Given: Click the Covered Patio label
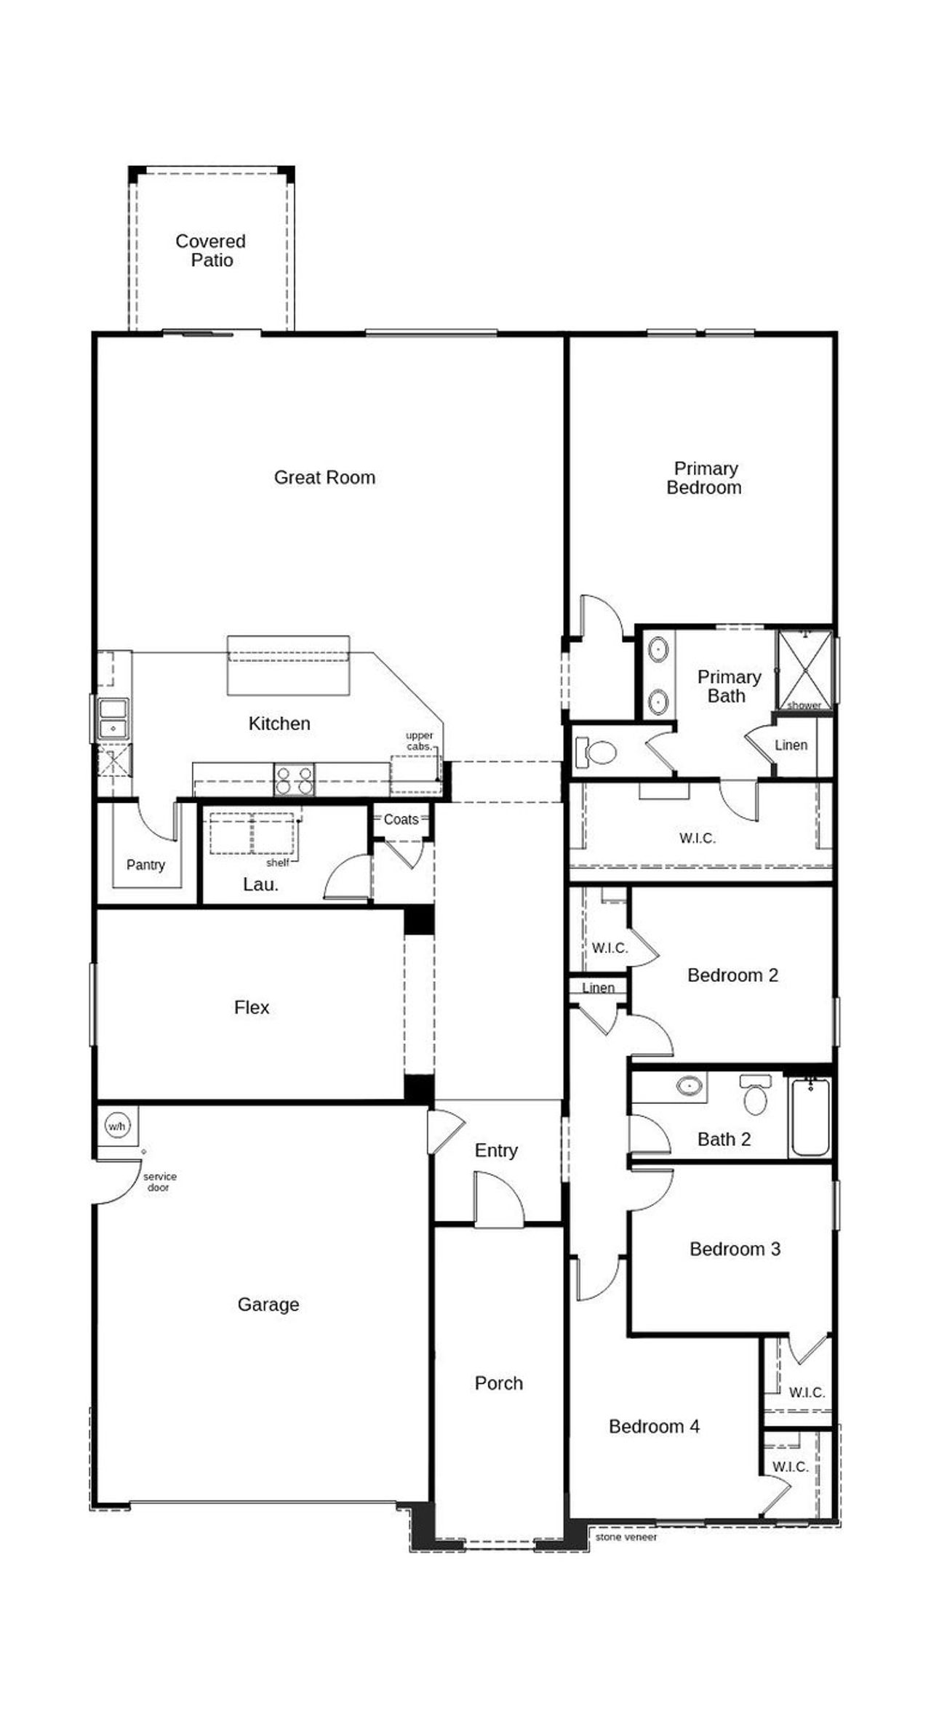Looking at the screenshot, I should [211, 251].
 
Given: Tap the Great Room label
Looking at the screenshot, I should [324, 478].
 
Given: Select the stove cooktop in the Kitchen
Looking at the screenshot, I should [294, 779].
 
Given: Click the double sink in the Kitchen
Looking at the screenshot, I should [113, 719].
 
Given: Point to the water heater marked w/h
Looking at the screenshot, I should [116, 1126].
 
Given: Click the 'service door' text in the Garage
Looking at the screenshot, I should [159, 1182].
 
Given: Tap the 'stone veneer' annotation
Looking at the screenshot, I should [626, 1537].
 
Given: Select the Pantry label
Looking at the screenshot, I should [145, 865].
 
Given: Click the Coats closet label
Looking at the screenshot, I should [401, 820].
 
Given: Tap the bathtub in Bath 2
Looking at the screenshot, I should [810, 1116].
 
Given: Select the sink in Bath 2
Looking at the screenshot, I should [688, 1086].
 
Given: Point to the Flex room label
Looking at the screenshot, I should [252, 1007].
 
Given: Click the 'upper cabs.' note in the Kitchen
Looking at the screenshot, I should [419, 740].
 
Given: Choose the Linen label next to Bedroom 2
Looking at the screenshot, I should [598, 988].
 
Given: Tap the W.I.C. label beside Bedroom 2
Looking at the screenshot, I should [610, 948].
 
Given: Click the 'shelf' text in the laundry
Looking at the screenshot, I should [277, 862].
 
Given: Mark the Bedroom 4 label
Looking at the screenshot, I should [654, 1426].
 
